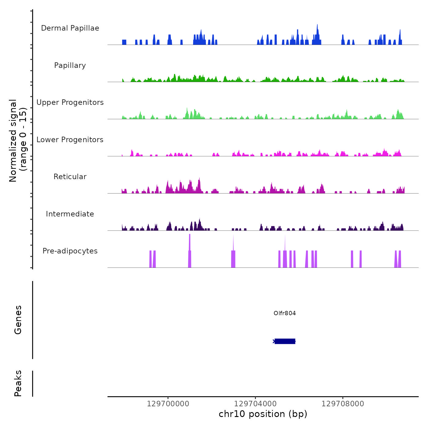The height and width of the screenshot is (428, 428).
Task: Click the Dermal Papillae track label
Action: (70, 28)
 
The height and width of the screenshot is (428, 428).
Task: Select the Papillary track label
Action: (70, 65)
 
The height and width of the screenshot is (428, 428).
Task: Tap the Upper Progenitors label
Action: (70, 102)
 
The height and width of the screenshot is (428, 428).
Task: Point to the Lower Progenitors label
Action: (70, 140)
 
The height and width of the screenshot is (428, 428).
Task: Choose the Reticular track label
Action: (70, 177)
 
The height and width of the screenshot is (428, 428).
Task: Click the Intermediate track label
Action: (70, 214)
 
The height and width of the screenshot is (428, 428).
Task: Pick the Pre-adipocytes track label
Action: (70, 251)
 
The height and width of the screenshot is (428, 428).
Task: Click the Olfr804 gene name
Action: (285, 313)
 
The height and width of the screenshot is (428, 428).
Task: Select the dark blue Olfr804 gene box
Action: (285, 341)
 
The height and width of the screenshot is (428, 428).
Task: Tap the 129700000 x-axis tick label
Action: (168, 404)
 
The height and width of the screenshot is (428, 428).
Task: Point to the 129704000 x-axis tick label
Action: (255, 404)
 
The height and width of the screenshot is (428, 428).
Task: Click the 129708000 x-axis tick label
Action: (343, 404)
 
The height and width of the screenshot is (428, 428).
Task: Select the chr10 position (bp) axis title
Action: (263, 414)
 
